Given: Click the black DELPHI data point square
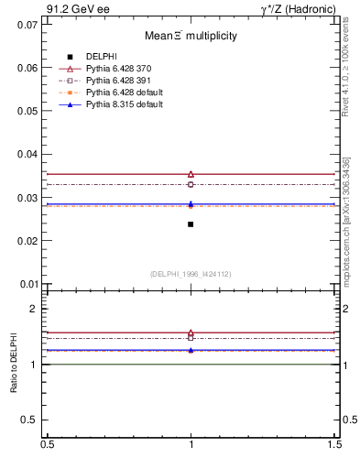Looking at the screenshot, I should pos(191,224).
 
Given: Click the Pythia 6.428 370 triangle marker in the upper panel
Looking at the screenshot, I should pos(191,174).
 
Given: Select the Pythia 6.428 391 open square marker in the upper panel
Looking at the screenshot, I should pos(191,184).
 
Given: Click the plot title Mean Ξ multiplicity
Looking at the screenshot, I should pos(191,36).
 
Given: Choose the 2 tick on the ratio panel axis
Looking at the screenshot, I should pos(34,309).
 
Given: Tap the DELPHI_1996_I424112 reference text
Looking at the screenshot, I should pos(191,274).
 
